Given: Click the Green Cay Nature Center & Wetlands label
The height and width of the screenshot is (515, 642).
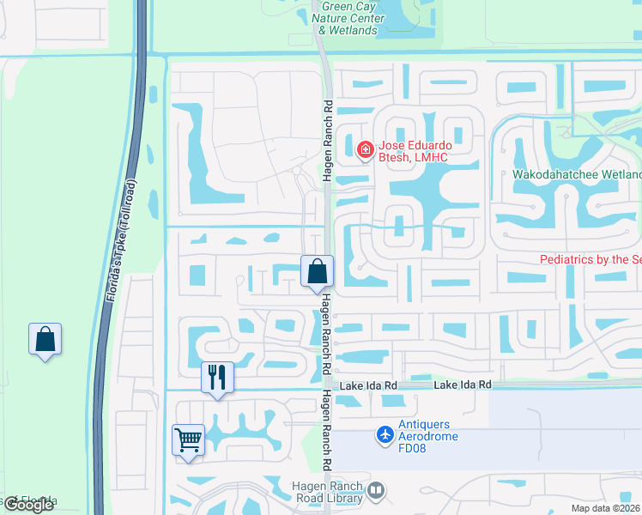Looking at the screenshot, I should tap(348, 18).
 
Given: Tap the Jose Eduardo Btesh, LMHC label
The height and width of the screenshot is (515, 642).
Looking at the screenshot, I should tap(416, 151).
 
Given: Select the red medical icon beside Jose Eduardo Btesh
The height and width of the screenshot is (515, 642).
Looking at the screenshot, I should tap(365, 151).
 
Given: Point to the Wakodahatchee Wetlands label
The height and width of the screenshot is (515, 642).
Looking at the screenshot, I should tap(576, 174).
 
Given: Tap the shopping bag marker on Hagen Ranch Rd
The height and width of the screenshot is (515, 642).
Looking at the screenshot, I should tap(317, 272).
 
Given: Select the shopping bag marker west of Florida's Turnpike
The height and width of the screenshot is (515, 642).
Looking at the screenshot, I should tap(45, 339).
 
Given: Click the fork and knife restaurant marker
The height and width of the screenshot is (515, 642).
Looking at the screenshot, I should tap(217, 377).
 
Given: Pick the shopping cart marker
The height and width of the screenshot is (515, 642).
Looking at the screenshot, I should tap(189, 440).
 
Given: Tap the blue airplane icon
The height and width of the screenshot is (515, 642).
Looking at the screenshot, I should tap(386, 435).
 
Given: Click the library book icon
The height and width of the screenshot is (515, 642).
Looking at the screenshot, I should tap(375, 491).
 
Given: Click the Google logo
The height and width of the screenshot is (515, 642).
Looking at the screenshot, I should tap(28, 505).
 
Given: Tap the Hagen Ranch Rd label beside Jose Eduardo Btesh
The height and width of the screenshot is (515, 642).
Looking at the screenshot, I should tap(327, 137).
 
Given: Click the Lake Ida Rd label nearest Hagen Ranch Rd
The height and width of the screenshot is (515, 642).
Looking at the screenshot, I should tap(368, 385).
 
